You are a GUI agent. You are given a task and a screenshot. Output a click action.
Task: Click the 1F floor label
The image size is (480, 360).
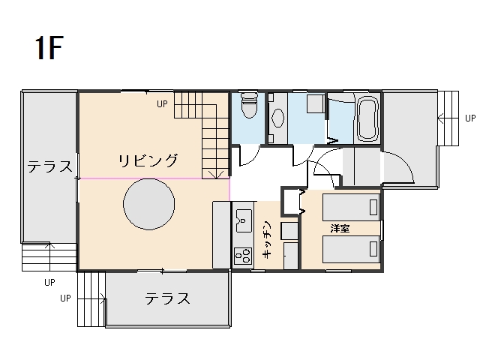click(49, 48)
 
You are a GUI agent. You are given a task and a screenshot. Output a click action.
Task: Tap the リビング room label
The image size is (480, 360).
click(148, 160)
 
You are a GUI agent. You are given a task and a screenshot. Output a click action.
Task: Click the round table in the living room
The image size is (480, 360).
click(149, 204)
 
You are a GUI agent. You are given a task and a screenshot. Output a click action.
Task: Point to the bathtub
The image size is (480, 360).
click(367, 118)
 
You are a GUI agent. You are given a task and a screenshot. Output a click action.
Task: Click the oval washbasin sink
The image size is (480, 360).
click(278, 118)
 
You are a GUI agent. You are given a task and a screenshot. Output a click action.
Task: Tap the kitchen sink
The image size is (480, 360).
click(244, 220)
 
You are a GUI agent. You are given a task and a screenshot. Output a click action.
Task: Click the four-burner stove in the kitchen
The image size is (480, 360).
click(243, 256)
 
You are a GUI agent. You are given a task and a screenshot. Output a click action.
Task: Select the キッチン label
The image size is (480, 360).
click(267, 238)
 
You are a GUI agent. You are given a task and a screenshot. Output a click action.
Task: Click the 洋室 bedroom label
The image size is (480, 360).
click(340, 228)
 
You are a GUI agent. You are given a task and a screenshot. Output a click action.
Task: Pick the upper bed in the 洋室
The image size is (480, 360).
click(351, 207)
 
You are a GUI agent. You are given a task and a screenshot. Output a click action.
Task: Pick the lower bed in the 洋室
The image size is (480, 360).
click(351, 249)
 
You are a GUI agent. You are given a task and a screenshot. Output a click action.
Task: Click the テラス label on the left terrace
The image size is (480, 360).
click(50, 166)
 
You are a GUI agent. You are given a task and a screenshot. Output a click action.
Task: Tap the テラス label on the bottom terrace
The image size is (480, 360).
click(167, 298)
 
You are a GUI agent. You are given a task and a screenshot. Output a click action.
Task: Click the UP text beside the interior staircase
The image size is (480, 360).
click(162, 104)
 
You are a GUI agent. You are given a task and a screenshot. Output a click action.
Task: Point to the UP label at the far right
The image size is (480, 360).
click(470, 118)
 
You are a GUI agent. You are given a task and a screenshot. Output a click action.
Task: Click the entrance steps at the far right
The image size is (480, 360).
click(448, 118)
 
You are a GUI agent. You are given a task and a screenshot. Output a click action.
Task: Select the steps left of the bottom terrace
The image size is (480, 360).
click(91, 299)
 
